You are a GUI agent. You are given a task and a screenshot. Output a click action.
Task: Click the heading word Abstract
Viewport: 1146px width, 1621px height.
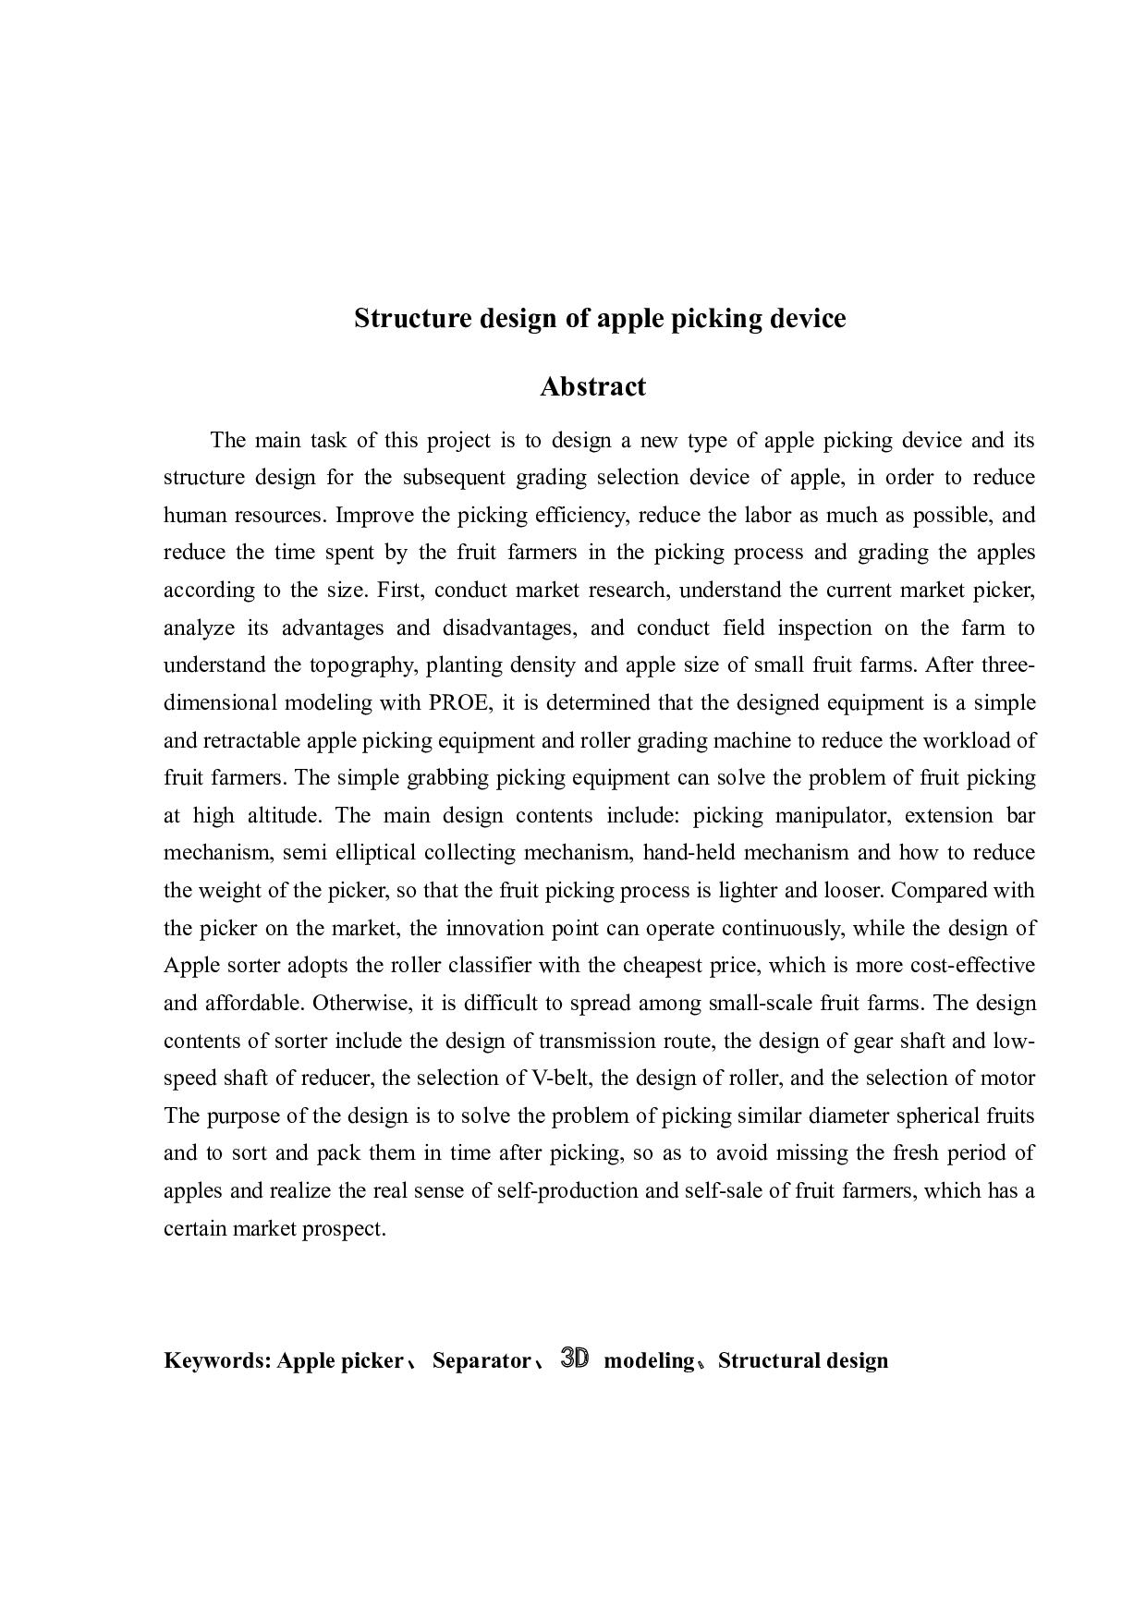(x=592, y=386)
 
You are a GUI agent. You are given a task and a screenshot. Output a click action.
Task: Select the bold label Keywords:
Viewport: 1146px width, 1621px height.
(x=217, y=1360)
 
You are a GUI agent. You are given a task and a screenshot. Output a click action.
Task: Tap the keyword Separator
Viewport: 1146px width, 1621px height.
(x=481, y=1360)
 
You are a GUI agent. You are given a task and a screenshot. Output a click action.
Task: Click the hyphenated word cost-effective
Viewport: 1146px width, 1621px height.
(x=973, y=966)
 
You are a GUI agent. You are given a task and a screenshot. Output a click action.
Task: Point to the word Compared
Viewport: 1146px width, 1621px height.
(x=942, y=891)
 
